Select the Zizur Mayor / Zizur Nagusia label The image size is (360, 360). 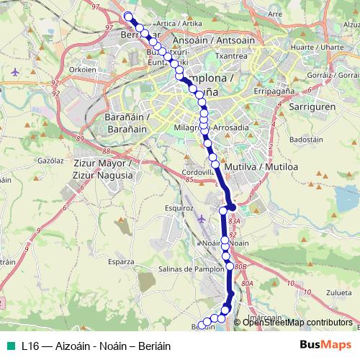103,169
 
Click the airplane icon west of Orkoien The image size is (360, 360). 17,72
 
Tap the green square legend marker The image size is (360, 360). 9,345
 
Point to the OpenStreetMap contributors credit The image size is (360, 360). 299,322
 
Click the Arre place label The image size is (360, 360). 274,14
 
